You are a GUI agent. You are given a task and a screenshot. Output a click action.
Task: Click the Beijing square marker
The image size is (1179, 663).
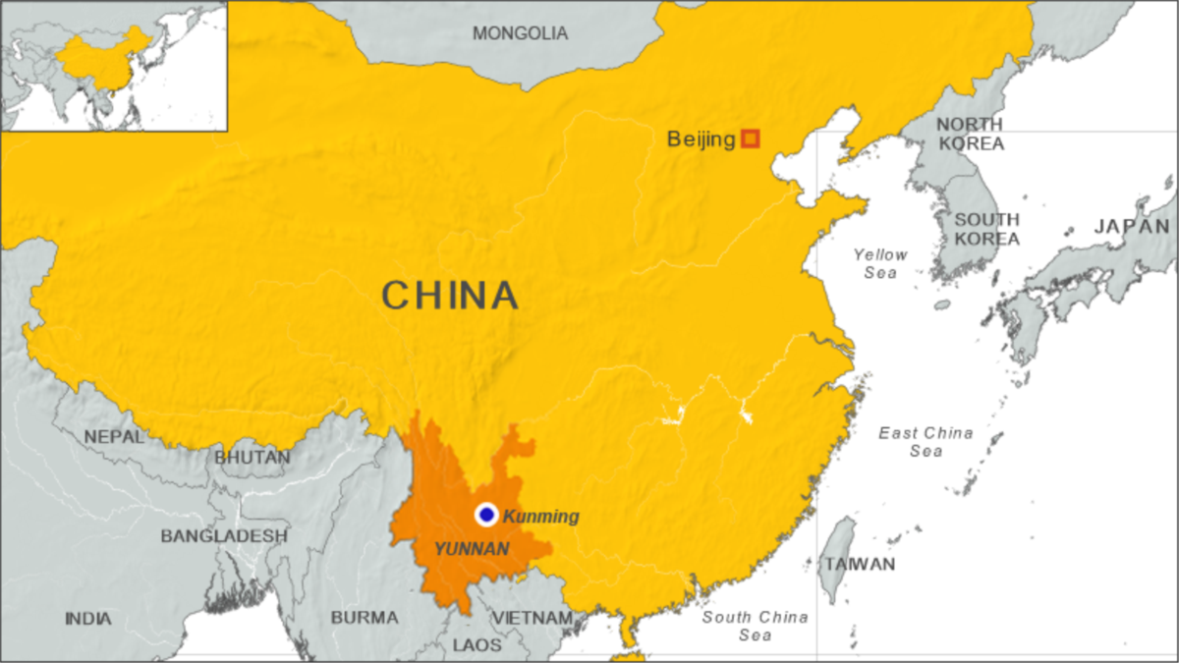[x=751, y=138]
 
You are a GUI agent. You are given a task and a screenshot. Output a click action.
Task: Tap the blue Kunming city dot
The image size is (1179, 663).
[x=486, y=515]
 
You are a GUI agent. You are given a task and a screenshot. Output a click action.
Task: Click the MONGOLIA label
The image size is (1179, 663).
[x=520, y=33]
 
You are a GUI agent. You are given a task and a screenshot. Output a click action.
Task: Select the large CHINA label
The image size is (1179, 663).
[x=449, y=295]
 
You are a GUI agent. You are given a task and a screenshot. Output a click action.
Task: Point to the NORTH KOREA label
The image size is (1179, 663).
[x=970, y=134]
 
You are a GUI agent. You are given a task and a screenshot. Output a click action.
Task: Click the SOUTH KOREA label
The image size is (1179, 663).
[x=986, y=229]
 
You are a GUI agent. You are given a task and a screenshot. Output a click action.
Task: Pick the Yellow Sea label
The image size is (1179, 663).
[x=880, y=263]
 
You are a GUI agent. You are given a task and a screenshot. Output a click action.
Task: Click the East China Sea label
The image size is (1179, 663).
[x=926, y=442]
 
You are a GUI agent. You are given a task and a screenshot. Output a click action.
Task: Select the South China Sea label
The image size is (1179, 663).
[x=755, y=626]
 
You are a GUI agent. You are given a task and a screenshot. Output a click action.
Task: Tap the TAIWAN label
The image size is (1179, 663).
[x=860, y=564]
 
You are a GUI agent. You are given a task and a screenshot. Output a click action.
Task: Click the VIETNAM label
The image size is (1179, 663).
[x=532, y=618]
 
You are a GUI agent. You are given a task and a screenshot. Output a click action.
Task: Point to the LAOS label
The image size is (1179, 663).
[x=477, y=645]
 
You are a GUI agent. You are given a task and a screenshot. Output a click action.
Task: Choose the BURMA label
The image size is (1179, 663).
[x=365, y=618]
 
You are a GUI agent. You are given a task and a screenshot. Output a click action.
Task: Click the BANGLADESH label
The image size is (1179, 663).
[x=224, y=536]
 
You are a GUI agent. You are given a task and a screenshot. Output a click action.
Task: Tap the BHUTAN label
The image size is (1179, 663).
[x=253, y=458]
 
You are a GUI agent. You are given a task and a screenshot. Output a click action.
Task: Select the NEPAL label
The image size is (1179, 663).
[x=114, y=436]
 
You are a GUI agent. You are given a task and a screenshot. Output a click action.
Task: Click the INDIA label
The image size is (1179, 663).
[x=88, y=619]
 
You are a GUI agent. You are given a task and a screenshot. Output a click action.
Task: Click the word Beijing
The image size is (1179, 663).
[x=701, y=139]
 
